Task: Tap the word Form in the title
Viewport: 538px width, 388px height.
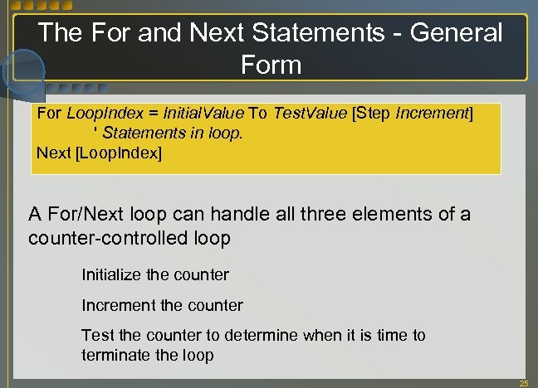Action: click(271, 64)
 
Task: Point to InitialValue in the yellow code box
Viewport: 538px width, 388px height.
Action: click(203, 114)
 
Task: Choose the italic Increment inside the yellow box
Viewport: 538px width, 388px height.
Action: click(433, 114)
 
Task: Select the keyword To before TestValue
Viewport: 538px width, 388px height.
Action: click(258, 114)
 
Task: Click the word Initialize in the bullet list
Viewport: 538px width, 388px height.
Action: click(113, 274)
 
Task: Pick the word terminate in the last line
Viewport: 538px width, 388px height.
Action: click(115, 355)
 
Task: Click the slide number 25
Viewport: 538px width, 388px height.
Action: click(523, 383)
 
